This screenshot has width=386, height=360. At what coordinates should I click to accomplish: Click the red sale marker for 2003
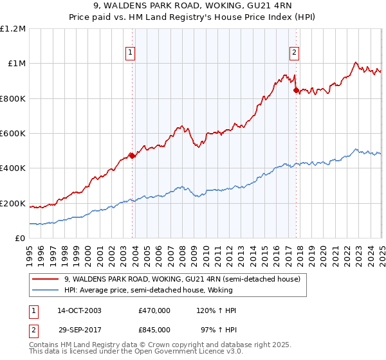tap(132, 156)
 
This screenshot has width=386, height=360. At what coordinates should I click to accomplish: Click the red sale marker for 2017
tap(296, 91)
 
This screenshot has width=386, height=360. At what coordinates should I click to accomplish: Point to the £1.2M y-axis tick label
tap(13, 29)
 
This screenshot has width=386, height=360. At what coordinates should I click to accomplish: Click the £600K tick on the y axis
tap(13, 134)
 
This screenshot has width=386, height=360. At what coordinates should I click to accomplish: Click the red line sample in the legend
tap(45, 279)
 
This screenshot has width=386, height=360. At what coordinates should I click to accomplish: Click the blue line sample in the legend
tap(45, 290)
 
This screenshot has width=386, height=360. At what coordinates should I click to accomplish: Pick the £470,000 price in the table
tap(154, 310)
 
